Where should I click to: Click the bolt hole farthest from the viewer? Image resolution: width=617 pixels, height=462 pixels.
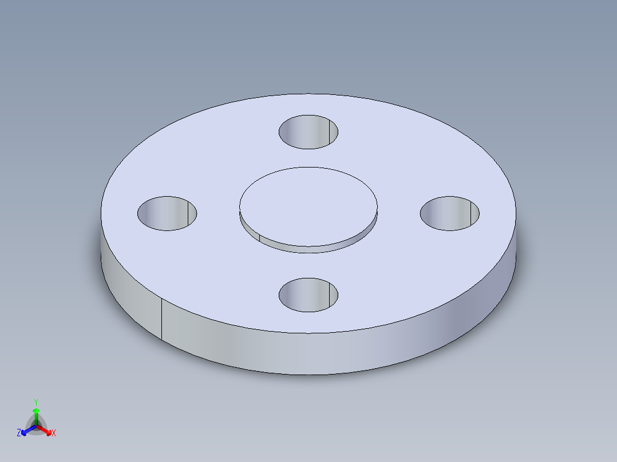coord(308,132)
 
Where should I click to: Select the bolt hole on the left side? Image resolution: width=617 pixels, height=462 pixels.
coord(167,213)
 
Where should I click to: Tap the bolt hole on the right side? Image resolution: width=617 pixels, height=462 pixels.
coord(449,213)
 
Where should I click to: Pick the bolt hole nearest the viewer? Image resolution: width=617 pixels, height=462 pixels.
coord(308,295)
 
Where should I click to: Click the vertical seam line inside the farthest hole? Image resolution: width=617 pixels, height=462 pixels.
coord(329,132)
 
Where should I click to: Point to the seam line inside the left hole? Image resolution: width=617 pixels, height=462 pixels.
coord(188,213)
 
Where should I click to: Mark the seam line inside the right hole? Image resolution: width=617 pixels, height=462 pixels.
coord(470,213)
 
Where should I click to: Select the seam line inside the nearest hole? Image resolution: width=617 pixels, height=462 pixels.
coord(329,295)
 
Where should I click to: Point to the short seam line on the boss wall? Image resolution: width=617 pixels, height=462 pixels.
coord(260,238)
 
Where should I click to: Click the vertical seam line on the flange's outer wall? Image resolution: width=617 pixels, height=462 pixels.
coord(161,318)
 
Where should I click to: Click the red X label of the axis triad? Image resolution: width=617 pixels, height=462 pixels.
coord(54,433)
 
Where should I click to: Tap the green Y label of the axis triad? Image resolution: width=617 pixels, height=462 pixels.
coord(36,402)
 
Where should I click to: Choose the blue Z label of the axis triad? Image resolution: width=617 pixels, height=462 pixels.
coord(19,433)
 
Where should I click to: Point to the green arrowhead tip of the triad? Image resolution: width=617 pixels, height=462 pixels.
coord(37,410)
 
